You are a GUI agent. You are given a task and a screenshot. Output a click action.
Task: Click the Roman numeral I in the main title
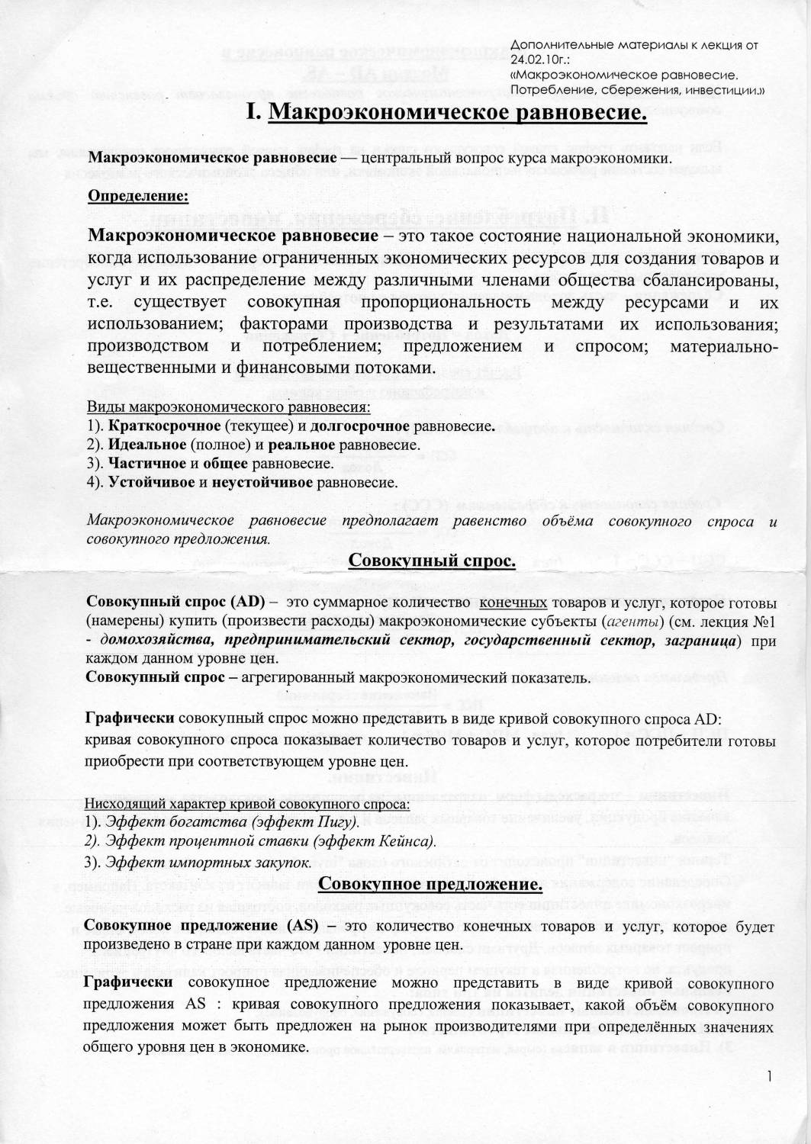pos(253,114)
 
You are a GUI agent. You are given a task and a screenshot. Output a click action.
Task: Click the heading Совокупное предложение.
pos(430,884)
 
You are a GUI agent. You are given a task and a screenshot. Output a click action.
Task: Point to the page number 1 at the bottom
pos(771,1076)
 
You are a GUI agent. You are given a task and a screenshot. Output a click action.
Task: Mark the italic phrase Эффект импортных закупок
pos(208,863)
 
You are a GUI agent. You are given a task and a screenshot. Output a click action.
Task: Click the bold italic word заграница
pos(702,639)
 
